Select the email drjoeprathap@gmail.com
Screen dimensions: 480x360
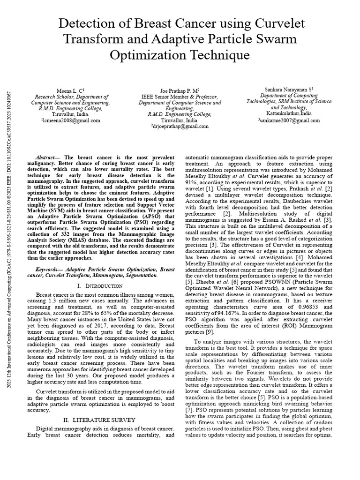click(x=180, y=127)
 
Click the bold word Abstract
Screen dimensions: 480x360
click(x=47, y=158)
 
